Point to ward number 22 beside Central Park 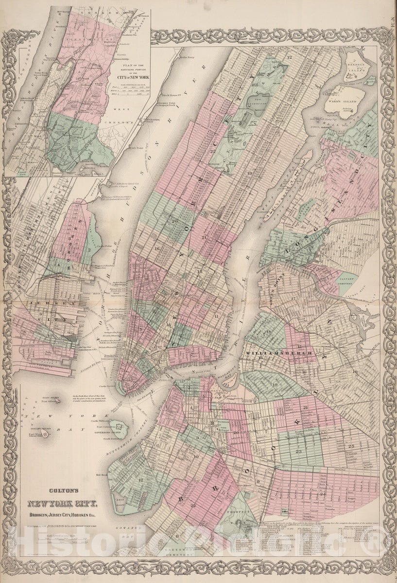(x=212, y=151)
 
